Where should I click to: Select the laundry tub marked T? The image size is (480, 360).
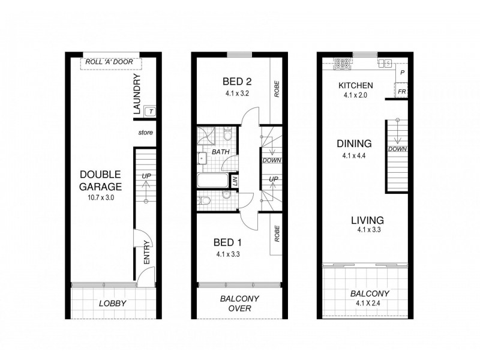151,111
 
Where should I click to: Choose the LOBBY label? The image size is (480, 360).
112,304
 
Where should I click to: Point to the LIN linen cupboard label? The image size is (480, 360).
235,181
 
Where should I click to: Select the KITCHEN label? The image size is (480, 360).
356,85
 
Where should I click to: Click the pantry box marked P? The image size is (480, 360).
402,73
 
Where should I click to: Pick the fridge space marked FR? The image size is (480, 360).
402,91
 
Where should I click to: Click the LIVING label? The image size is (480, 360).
367,220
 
